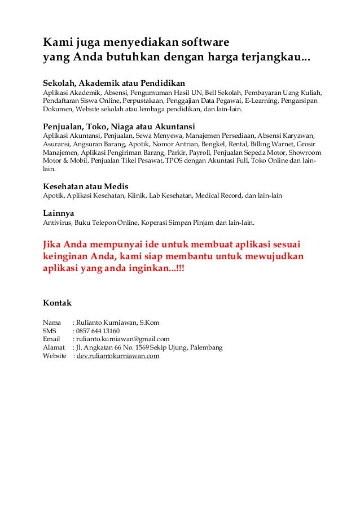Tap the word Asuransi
[x=56, y=144]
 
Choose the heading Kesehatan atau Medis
[x=86, y=186]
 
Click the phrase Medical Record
[x=218, y=195]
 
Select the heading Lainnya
[x=59, y=213]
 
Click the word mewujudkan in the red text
[x=275, y=257]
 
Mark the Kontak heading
[x=58, y=303]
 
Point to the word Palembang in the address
[x=205, y=347]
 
